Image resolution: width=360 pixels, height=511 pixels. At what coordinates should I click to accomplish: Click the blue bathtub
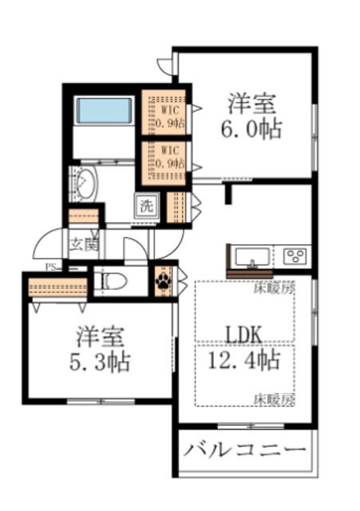click(105, 110)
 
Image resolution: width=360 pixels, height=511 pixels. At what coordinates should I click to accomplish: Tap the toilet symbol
click(111, 281)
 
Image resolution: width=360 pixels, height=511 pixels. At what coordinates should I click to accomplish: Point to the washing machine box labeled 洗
click(147, 205)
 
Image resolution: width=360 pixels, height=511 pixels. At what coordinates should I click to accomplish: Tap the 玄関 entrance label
click(81, 244)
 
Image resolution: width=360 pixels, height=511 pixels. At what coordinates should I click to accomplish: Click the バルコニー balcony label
click(246, 452)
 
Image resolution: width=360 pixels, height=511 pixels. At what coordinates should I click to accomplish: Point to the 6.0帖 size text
click(251, 130)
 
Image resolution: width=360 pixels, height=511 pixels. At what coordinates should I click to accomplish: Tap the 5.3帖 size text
click(98, 362)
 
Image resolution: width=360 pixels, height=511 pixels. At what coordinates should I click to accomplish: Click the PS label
click(49, 267)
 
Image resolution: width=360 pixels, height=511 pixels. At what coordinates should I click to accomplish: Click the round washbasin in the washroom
click(83, 185)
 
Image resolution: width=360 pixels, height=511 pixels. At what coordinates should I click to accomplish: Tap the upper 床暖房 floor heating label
click(274, 288)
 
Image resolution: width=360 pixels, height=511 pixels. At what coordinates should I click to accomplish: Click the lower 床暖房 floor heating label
click(274, 397)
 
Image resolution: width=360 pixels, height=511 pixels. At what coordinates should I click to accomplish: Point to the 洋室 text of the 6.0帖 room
click(251, 103)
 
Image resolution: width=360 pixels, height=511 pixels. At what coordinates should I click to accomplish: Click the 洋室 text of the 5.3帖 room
click(98, 334)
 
